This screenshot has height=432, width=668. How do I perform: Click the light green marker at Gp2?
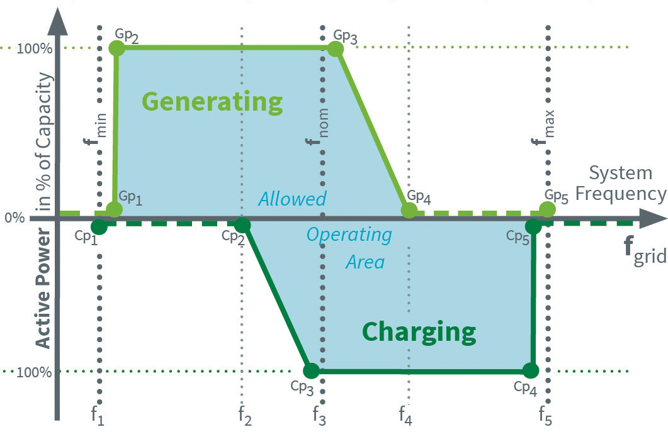click(116, 48)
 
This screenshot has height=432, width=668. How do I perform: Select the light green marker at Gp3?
click(336, 48)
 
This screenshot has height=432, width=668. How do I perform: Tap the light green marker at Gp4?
click(409, 210)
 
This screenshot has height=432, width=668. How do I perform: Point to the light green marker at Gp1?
click(114, 210)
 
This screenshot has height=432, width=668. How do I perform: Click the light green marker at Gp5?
click(548, 209)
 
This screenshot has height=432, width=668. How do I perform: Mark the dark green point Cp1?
click(99, 226)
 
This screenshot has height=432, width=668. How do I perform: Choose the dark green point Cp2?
click(242, 224)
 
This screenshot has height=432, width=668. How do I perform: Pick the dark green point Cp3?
click(310, 370)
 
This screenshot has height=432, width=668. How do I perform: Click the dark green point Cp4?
click(531, 370)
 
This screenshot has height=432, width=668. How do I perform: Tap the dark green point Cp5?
click(533, 226)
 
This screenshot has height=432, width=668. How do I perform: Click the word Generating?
click(212, 101)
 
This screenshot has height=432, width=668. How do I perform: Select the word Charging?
click(419, 331)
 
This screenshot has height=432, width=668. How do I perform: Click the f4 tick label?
click(405, 416)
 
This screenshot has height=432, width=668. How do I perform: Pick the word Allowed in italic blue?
click(292, 199)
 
